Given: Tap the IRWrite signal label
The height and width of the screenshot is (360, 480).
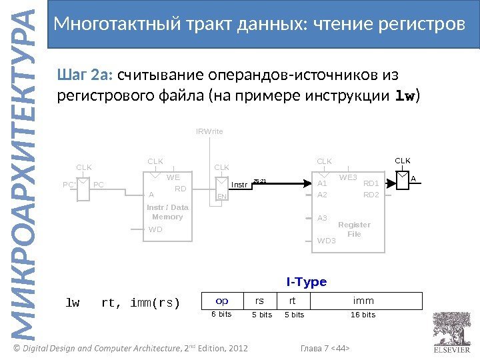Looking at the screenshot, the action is (210, 132).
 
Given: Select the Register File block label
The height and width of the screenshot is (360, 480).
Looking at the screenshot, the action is (354, 229).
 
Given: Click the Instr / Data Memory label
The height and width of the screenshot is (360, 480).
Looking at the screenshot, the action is (167, 212).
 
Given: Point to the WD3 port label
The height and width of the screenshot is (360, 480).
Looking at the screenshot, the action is (327, 241).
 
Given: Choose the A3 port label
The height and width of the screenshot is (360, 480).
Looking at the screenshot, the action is (323, 218).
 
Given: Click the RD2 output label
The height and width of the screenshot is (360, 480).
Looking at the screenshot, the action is (371, 195).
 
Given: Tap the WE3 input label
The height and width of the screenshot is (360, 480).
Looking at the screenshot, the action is (349, 177).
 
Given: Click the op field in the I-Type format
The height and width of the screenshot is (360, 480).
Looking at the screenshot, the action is (222, 301).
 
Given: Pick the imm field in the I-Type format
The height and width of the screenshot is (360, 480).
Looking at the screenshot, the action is (363, 301).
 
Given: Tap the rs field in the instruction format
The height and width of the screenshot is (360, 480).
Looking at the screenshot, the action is (260, 301).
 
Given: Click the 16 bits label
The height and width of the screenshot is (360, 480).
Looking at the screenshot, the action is (363, 315).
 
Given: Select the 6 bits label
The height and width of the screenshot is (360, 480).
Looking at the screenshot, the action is (221, 315).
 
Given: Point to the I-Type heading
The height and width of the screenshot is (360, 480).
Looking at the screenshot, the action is (307, 282).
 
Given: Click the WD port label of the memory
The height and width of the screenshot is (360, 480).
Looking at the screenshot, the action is (155, 229).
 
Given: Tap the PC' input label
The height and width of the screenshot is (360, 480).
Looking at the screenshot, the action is (68, 184).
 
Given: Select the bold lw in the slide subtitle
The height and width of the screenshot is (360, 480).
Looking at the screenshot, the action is (405, 97).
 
